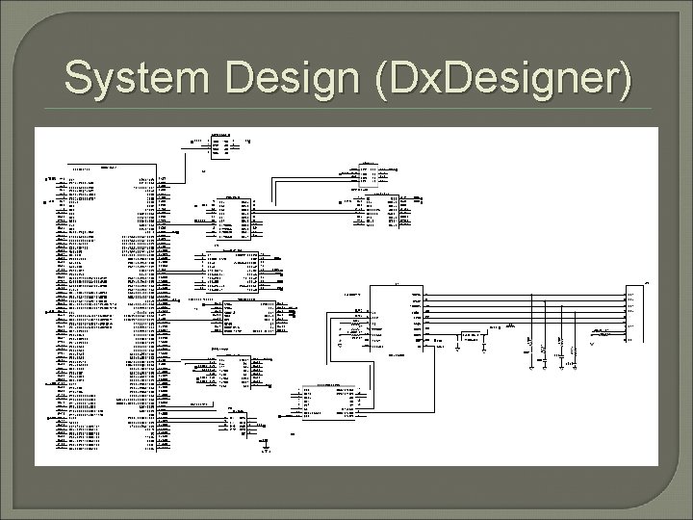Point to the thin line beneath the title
pyautogui.click(x=346, y=109)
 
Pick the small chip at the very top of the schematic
pyautogui.click(x=220, y=145)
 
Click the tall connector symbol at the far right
pyautogui.click(x=634, y=318)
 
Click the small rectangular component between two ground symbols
pyautogui.click(x=472, y=337)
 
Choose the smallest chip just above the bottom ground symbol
pyautogui.click(x=237, y=421)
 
